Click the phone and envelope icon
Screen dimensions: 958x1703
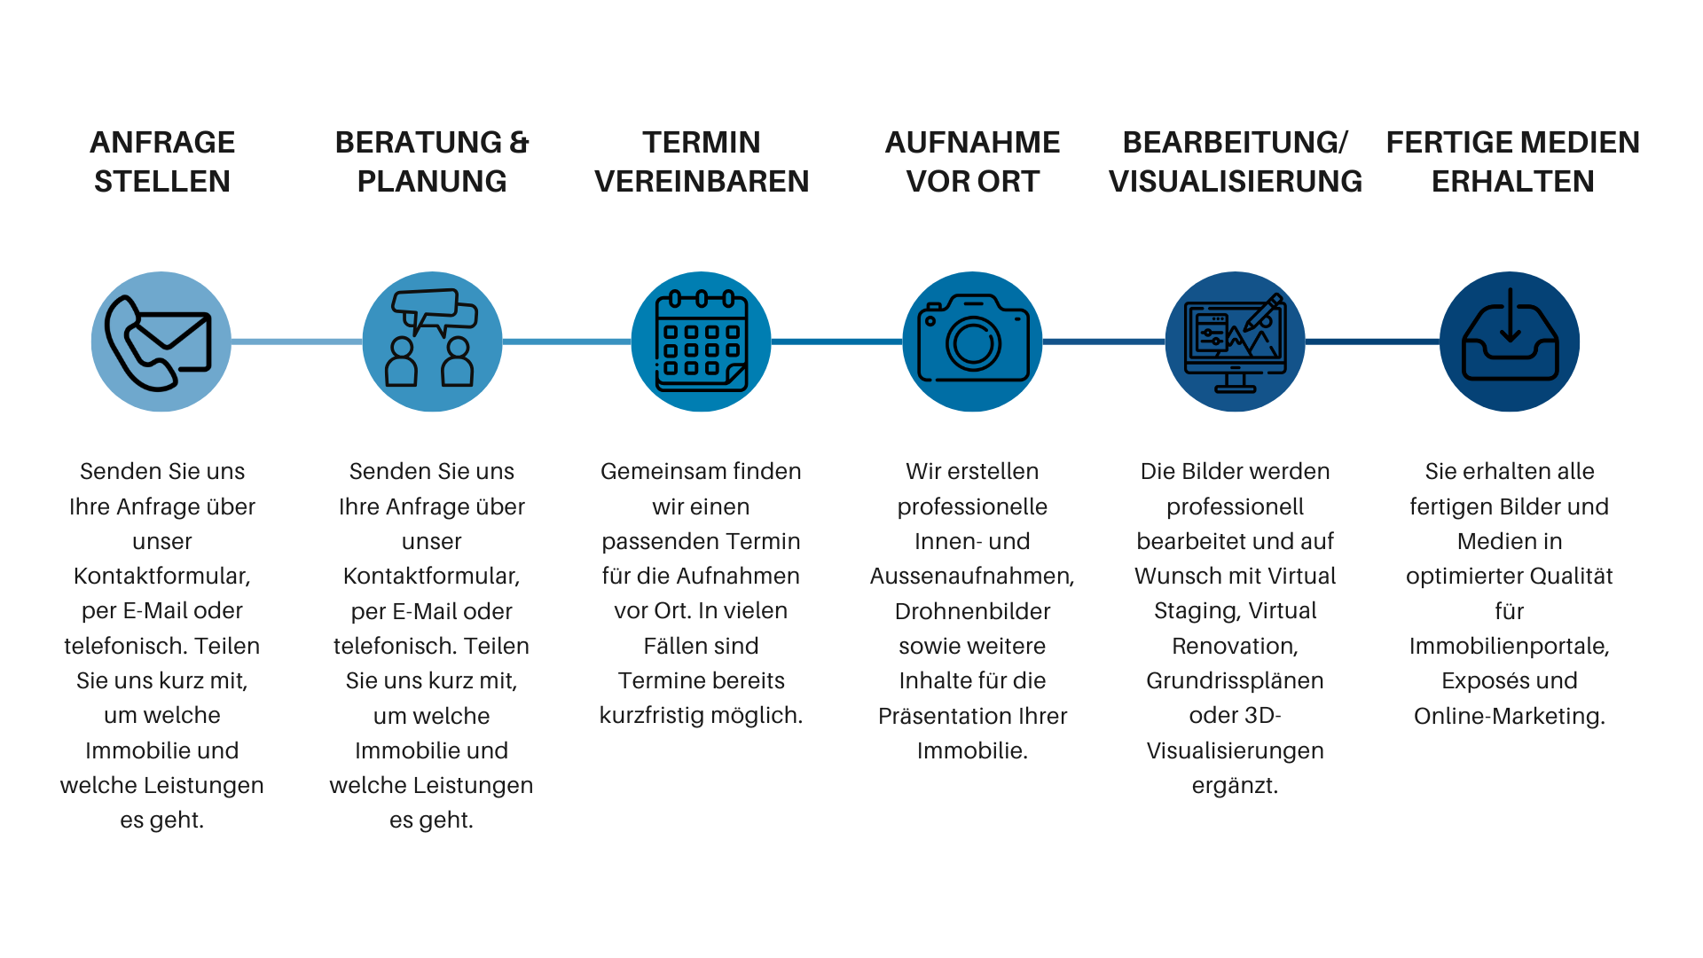click(161, 342)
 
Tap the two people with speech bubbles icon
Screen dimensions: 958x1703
click(432, 342)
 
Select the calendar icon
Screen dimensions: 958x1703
click(701, 342)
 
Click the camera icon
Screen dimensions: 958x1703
click(972, 342)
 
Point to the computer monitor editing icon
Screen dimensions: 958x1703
click(1235, 342)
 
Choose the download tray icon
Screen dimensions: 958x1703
click(1509, 342)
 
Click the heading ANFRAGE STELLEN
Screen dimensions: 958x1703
click(162, 161)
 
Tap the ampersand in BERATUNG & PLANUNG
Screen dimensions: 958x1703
click(519, 143)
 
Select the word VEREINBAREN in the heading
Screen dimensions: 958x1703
click(702, 182)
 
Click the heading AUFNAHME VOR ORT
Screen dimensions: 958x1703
click(972, 161)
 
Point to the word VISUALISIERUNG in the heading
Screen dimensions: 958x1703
click(1235, 182)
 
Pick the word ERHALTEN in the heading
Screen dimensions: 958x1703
click(1512, 182)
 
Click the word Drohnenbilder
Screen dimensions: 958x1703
click(972, 611)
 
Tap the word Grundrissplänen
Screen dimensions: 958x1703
click(1235, 680)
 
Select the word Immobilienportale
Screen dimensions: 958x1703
click(1508, 646)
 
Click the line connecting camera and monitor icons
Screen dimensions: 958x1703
click(1103, 342)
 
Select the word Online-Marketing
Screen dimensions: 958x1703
click(1509, 716)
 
